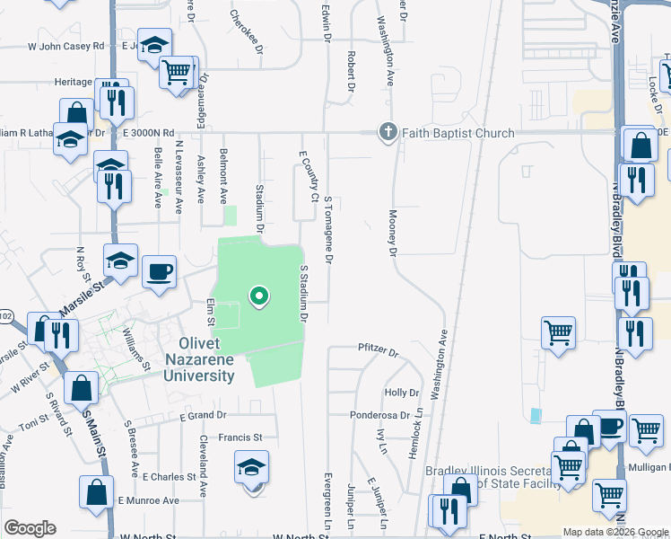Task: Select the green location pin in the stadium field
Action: pyautogui.click(x=258, y=296)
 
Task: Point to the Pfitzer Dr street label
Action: pyautogui.click(x=378, y=349)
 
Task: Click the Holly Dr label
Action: pyautogui.click(x=402, y=393)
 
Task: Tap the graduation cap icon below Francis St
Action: pyautogui.click(x=252, y=466)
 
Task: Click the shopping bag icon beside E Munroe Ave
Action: pyautogui.click(x=96, y=491)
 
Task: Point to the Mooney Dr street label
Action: pyautogui.click(x=392, y=233)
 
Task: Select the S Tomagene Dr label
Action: pyautogui.click(x=328, y=230)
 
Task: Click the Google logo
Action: pyautogui.click(x=30, y=528)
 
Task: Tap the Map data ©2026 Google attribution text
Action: pyautogui.click(x=615, y=532)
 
